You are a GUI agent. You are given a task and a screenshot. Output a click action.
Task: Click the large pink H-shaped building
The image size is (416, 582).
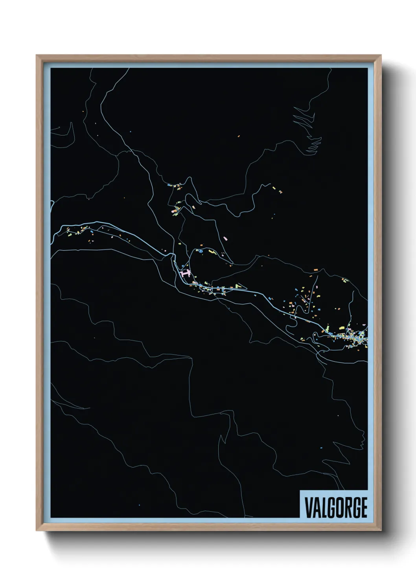tap(184, 273)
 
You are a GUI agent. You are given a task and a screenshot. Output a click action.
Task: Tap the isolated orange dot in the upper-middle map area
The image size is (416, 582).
tap(239, 136)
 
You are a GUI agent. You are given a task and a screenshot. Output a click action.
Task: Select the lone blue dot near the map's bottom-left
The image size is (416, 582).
tap(139, 505)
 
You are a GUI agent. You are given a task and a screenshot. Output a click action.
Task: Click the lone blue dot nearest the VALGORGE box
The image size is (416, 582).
tap(321, 448)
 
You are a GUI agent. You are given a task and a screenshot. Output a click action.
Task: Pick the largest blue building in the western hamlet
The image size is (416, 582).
tap(92, 232)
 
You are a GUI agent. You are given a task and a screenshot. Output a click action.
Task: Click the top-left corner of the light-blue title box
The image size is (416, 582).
tap(300, 490)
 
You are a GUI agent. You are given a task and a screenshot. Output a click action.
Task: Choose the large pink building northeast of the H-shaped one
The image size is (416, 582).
tap(225, 238)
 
